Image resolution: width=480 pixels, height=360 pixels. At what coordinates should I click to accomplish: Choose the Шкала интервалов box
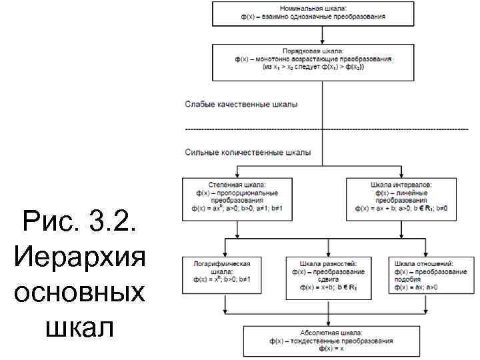point(401,198)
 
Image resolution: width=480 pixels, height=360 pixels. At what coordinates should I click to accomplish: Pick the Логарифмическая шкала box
point(221,275)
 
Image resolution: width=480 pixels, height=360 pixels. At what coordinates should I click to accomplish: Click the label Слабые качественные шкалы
point(241,105)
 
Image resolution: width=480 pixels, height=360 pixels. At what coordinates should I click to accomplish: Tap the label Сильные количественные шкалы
point(247,153)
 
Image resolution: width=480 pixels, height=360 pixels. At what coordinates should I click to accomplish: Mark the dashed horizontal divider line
point(327,129)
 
